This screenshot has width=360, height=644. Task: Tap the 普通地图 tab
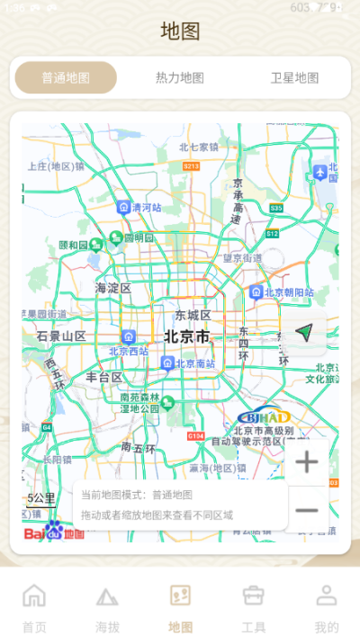(x=66, y=78)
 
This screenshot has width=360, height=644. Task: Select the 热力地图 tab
(x=180, y=78)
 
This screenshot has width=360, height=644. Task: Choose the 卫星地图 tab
(x=294, y=78)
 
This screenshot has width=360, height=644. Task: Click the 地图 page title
(x=180, y=31)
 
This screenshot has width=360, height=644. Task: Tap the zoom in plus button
(x=307, y=463)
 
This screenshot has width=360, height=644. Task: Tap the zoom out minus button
(x=307, y=510)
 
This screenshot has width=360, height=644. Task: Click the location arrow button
(x=304, y=333)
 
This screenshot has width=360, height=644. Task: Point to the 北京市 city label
(x=186, y=337)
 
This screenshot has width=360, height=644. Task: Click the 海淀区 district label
(x=113, y=289)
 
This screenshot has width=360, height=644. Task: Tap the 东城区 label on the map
(x=193, y=316)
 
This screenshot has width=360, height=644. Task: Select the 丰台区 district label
(x=104, y=378)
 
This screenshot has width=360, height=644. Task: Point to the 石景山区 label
(x=61, y=336)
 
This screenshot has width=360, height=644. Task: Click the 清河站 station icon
(x=123, y=207)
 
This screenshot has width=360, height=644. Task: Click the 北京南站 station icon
(x=167, y=362)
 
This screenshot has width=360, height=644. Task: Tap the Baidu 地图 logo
(x=54, y=532)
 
